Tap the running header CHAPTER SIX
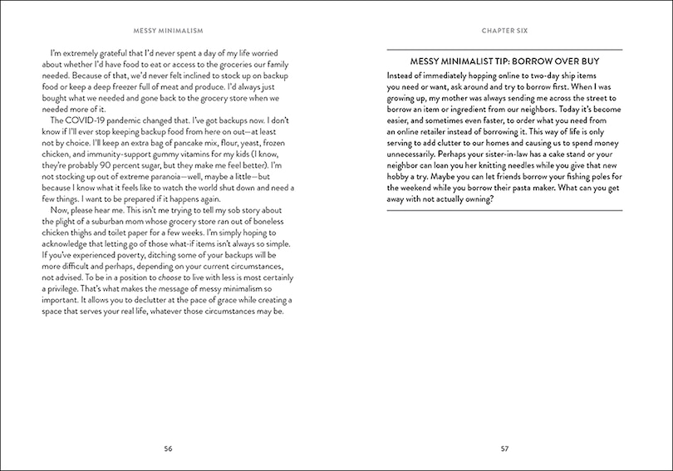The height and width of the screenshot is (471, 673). point(504,32)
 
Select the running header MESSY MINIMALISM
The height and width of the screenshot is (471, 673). point(168,32)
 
